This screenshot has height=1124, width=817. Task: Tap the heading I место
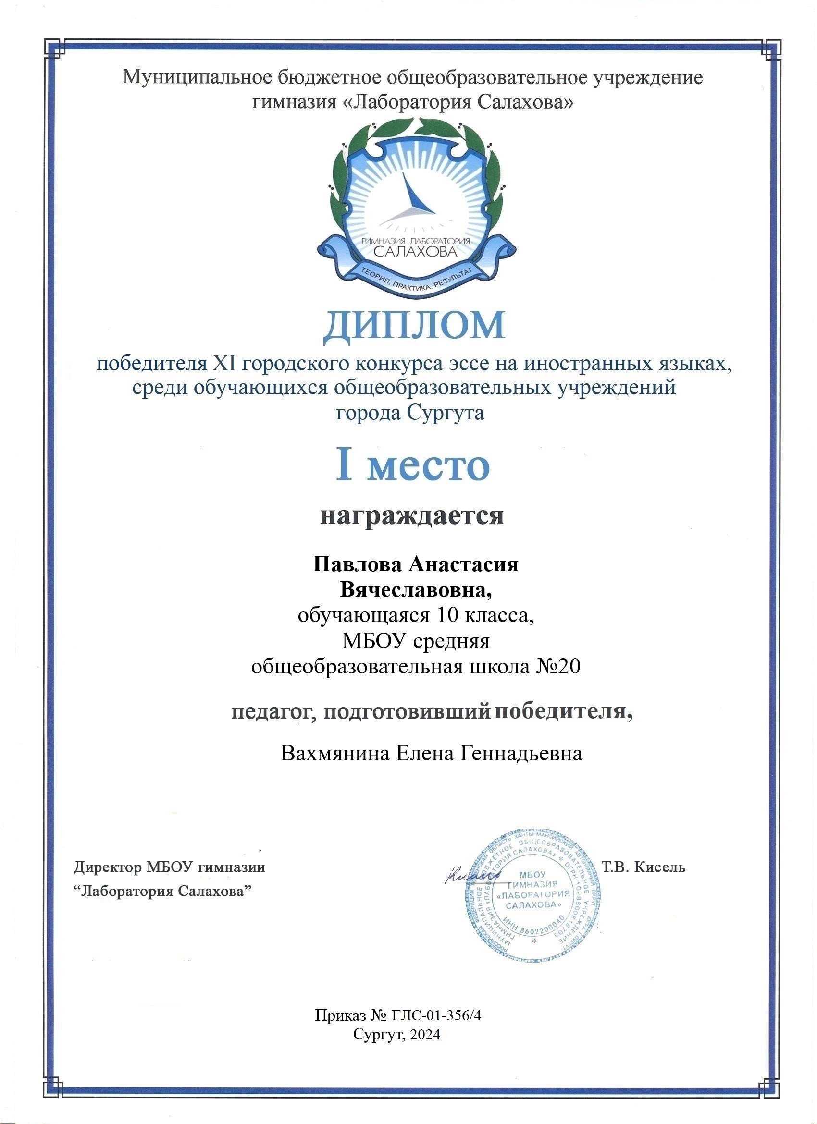click(x=413, y=466)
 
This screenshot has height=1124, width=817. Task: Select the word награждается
click(x=411, y=515)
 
